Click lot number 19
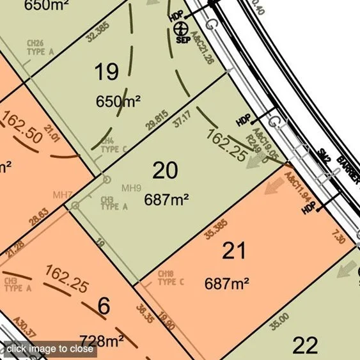107,72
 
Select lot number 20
165,171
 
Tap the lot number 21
233,251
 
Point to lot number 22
304,345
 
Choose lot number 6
104,306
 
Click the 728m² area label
101,339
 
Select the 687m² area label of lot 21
226,282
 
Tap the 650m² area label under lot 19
118,100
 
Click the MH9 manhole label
130,187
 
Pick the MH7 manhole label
62,194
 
